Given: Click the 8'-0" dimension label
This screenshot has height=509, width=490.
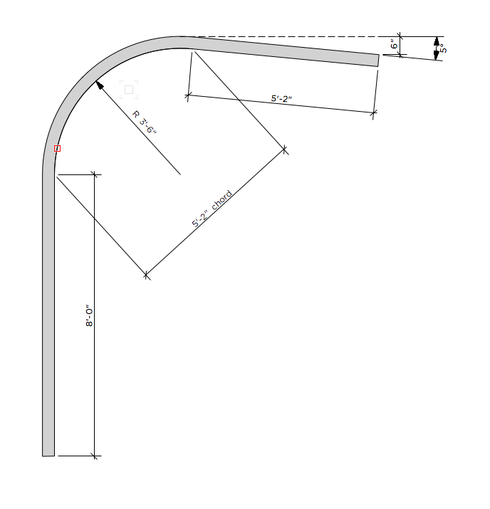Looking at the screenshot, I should point(89,316).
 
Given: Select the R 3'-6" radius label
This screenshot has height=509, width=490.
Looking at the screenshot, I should point(144,122).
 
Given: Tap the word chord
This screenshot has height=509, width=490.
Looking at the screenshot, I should point(221,201).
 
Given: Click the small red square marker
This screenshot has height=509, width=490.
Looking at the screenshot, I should point(58,149).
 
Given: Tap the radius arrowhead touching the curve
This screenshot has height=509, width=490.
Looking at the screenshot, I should point(99,85).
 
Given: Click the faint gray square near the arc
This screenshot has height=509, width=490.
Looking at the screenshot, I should point(129,89).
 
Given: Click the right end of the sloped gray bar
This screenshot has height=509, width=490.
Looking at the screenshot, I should point(377,60).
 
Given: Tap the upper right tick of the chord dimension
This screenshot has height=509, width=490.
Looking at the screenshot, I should point(285,149).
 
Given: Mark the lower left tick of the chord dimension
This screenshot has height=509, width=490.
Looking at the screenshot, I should point(146,274).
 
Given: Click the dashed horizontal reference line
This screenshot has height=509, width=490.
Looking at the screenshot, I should point(285,36).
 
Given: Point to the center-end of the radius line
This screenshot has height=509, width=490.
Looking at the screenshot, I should point(180,174).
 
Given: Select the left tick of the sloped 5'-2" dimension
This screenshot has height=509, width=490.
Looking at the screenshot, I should point(188,94).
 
